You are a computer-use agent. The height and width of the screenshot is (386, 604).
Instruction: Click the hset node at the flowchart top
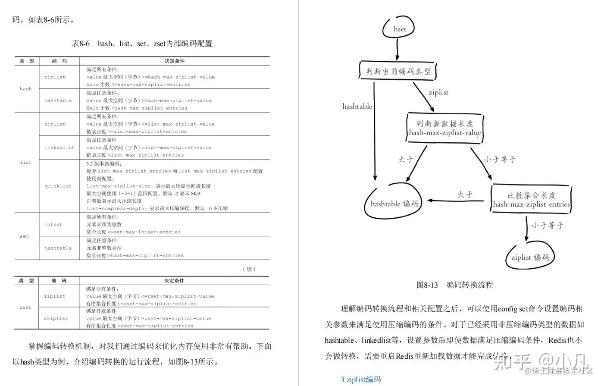click(x=400, y=29)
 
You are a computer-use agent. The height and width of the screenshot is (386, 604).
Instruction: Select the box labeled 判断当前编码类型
click(x=397, y=71)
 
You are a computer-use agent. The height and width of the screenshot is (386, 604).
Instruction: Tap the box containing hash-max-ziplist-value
click(x=444, y=128)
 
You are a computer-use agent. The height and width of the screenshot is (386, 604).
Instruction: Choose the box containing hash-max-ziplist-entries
click(x=531, y=200)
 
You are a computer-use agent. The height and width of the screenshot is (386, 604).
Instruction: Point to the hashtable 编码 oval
click(x=394, y=203)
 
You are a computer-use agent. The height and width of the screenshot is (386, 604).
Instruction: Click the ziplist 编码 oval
click(x=530, y=257)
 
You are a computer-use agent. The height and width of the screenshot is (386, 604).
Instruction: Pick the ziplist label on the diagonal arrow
click(x=438, y=92)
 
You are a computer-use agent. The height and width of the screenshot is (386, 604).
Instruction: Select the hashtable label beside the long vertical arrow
click(x=357, y=106)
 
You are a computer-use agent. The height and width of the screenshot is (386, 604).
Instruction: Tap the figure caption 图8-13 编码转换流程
click(x=454, y=285)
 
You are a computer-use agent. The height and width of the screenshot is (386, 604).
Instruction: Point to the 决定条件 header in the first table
click(x=174, y=61)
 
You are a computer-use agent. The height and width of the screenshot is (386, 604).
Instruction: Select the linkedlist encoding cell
click(x=59, y=147)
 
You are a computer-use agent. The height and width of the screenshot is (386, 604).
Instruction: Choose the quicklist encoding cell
click(x=58, y=186)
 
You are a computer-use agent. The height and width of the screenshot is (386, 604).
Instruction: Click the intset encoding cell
click(x=53, y=224)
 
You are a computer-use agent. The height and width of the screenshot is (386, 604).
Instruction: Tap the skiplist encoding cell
click(x=56, y=318)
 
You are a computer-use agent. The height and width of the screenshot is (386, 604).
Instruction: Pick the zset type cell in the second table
click(x=25, y=308)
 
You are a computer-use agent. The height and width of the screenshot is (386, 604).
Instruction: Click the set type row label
click(x=25, y=236)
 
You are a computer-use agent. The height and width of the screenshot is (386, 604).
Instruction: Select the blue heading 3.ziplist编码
click(x=360, y=380)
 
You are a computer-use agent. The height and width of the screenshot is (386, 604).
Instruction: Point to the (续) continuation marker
click(x=249, y=269)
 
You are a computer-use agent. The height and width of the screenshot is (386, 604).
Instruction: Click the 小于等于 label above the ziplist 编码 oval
click(x=547, y=225)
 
